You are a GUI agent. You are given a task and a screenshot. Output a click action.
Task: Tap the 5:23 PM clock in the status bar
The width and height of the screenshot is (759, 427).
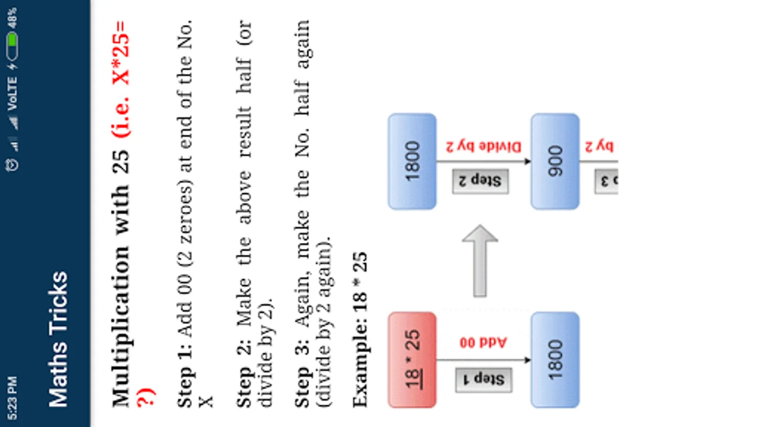pos(12,398)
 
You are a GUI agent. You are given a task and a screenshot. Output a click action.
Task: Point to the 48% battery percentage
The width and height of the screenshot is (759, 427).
pos(12,18)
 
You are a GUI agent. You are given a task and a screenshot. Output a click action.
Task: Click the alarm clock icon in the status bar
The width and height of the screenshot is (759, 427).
pos(12,165)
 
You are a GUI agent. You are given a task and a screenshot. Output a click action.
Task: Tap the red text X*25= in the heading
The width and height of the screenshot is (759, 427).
pos(120,52)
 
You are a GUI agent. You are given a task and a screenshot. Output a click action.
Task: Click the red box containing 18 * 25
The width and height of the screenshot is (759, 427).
pos(412,360)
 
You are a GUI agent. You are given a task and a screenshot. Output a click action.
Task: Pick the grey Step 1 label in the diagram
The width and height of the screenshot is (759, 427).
pos(483,380)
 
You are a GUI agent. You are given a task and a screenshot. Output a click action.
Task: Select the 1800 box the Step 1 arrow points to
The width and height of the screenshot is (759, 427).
pos(555,360)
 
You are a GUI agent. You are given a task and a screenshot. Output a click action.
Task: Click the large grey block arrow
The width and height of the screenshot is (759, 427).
pos(480,261)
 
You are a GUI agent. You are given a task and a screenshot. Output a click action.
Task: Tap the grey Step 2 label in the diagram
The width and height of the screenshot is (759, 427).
pos(480,181)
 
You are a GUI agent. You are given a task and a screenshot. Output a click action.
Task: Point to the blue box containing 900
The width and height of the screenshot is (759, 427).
pos(555,161)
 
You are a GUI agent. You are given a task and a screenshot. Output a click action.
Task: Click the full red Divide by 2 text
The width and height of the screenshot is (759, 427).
pos(483,146)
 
